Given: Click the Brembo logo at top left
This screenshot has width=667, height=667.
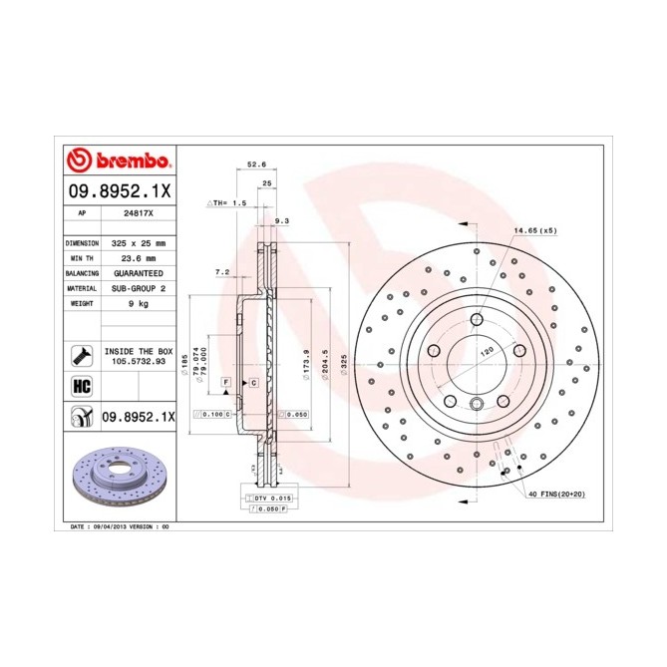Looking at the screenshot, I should [119, 161].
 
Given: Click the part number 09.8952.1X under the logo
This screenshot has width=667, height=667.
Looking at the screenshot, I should [120, 189].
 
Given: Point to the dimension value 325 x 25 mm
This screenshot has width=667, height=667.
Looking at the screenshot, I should [137, 242].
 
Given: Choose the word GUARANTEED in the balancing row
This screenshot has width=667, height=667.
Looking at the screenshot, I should [137, 272].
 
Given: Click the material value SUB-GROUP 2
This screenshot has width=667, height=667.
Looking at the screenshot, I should [137, 287].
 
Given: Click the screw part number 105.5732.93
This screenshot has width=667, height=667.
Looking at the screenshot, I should [138, 362].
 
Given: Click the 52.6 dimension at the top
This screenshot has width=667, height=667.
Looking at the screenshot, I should [257, 167].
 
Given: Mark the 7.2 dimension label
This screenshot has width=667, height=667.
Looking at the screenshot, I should [222, 271].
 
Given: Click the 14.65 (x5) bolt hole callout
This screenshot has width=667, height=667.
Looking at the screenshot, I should [534, 230].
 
